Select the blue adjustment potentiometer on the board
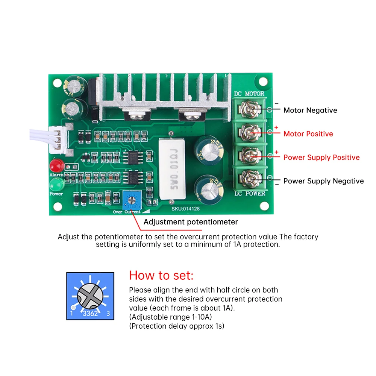coord(132,200)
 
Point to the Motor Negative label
coord(310,110)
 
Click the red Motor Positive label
coord(308,134)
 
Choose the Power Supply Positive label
coord(321,158)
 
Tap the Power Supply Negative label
coord(323,181)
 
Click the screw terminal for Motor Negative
coord(249,109)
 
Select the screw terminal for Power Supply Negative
coord(249,178)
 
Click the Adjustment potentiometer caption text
coord(191,222)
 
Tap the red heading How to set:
coord(161,275)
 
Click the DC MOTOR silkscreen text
coord(249,94)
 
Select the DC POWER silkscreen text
coord(250,194)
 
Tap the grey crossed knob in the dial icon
coord(90,296)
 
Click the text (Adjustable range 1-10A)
coord(170,317)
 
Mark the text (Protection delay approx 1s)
coord(176,326)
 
